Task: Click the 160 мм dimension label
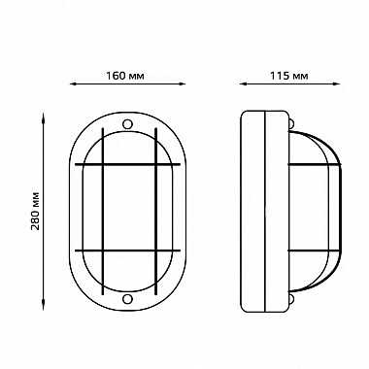point(125,76)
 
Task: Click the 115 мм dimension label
point(289,76)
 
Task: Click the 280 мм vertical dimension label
point(35,211)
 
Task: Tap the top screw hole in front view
point(127,124)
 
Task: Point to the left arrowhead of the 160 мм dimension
point(73,84)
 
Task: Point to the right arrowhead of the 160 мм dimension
point(183,84)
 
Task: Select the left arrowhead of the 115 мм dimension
point(243,84)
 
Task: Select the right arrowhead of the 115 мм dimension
point(337,84)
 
